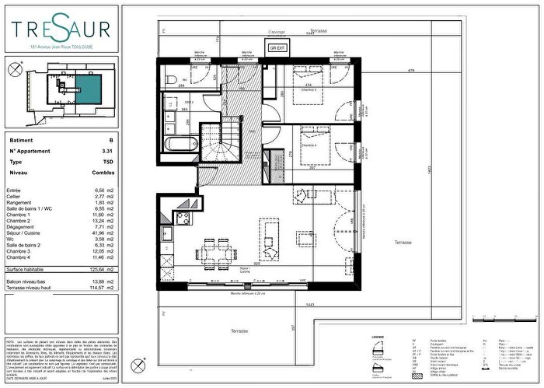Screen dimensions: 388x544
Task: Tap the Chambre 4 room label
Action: coord(310,145)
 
